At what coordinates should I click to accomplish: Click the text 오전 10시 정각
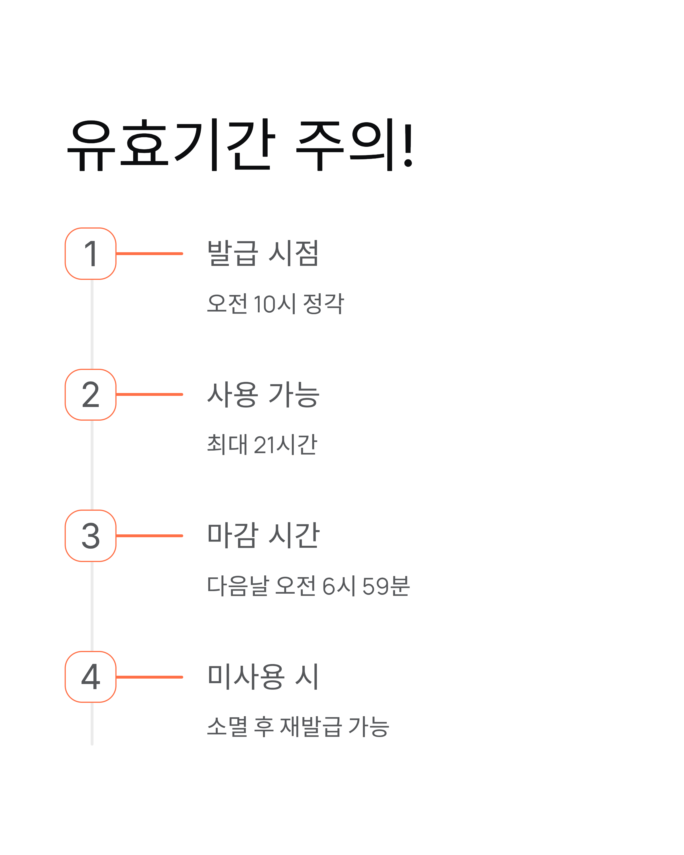click(275, 304)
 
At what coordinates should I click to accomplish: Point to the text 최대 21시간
click(262, 445)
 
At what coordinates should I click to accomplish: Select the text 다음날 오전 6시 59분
click(308, 586)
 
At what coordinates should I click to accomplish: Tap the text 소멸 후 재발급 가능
click(298, 727)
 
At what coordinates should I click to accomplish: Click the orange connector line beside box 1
click(150, 253)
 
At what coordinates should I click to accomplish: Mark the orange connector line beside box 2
click(150, 395)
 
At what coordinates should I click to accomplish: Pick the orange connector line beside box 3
click(150, 536)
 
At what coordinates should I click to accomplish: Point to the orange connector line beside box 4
click(150, 677)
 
